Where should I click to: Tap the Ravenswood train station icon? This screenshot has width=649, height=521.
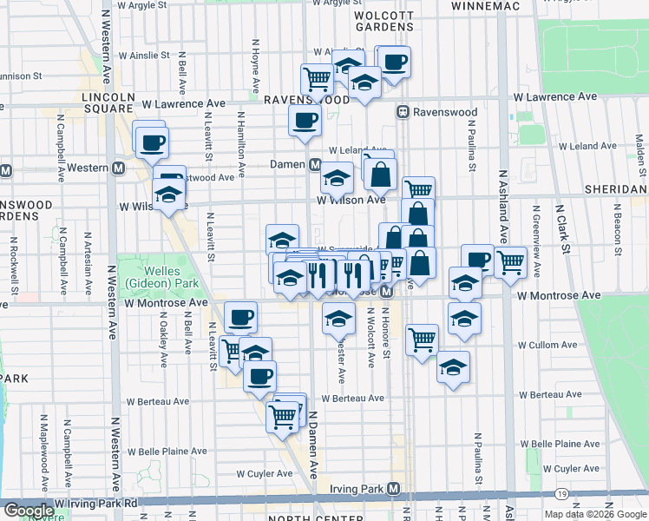tap(403, 112)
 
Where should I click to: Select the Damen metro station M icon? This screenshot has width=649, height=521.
tap(315, 164)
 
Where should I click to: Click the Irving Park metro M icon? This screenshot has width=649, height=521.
tap(396, 489)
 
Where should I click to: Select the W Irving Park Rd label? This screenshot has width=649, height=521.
tap(95, 503)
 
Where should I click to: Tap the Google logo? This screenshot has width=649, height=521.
tap(28, 511)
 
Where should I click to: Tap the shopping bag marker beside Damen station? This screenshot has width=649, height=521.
tap(380, 174)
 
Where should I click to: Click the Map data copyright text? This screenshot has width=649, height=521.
tap(594, 514)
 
